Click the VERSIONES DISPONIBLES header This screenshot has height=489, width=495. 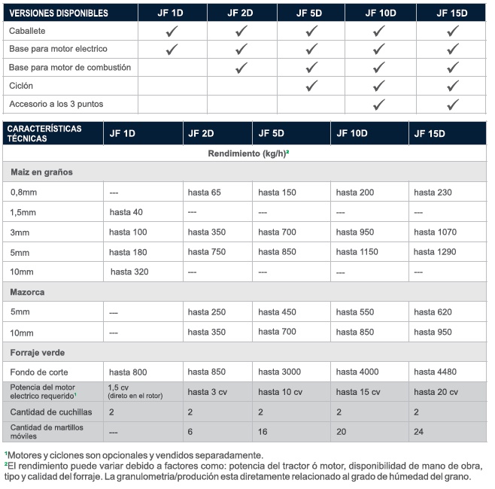click(59, 13)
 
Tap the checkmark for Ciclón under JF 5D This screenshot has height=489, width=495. click(312, 86)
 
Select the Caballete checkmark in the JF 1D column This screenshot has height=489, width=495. click(172, 31)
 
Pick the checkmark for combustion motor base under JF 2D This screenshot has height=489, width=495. click(241, 68)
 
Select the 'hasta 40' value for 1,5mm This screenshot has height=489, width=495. click(126, 212)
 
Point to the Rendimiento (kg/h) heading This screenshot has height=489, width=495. click(248, 153)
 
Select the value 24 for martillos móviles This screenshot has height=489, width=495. click(419, 432)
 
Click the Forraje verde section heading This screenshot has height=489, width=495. click(37, 351)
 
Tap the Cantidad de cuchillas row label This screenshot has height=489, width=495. click(50, 412)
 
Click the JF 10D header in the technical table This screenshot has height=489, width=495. click(351, 133)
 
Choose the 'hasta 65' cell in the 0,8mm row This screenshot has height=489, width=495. click(204, 193)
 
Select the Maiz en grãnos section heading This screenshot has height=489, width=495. click(41, 172)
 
